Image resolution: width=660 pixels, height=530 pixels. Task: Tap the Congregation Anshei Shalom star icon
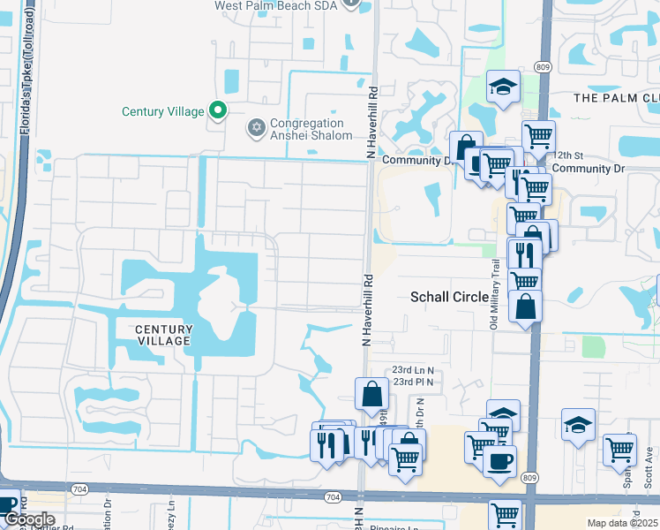tap(257, 129)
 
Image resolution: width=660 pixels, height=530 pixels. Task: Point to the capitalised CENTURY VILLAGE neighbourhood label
tap(163, 335)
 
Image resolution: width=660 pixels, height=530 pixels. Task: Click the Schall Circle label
tap(450, 298)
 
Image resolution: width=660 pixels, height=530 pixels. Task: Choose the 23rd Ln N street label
tap(413, 371)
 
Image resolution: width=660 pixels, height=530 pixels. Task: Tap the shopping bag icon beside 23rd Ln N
tap(371, 394)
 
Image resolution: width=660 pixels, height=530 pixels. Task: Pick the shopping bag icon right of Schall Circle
tap(525, 307)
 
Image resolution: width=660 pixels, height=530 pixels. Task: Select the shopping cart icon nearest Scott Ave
tap(620, 448)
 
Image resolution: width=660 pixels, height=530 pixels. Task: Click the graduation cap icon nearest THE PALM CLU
tap(503, 87)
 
